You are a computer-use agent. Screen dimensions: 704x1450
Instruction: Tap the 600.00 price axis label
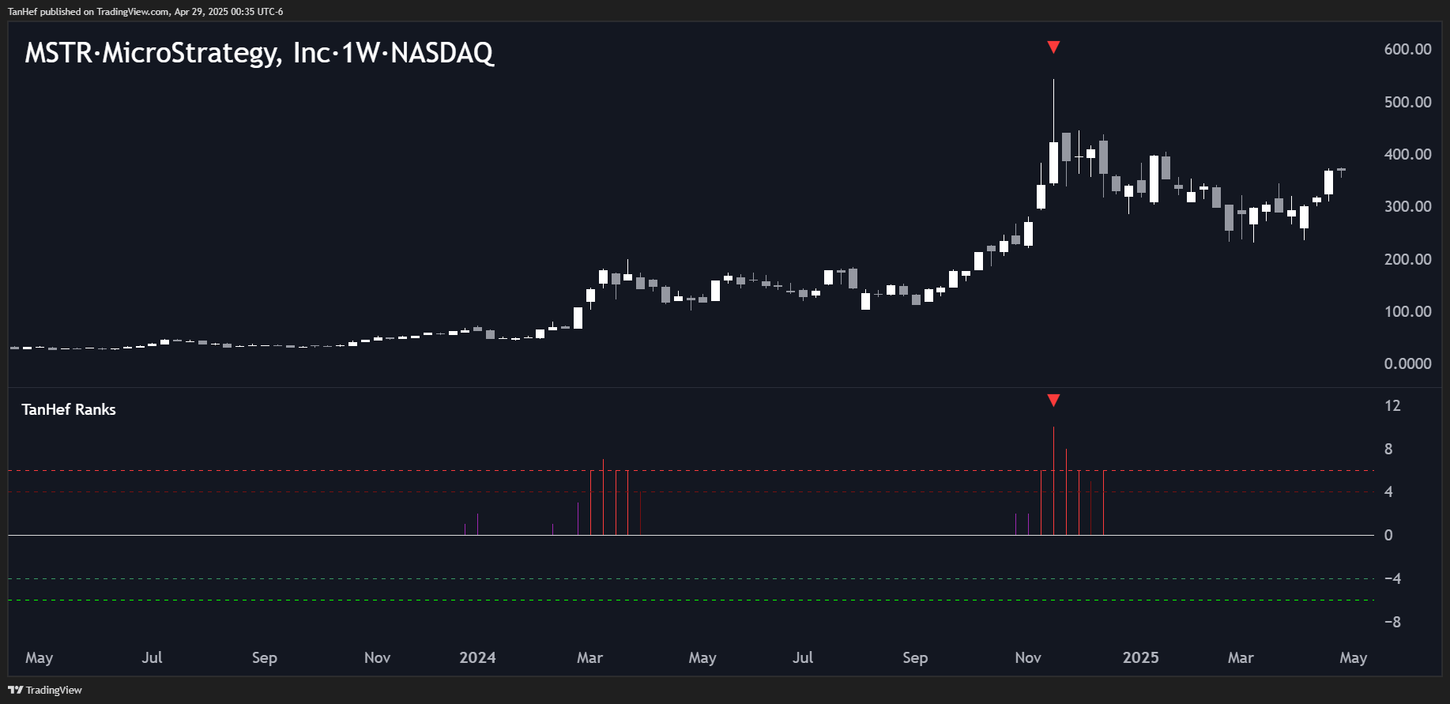coord(1407,49)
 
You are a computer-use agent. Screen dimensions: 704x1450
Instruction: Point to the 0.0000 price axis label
coord(1407,363)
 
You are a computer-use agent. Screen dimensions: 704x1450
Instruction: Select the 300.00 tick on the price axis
coord(1407,206)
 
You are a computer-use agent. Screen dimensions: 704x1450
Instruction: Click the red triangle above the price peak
coord(1053,47)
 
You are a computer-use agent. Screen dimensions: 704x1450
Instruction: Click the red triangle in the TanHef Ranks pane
coord(1053,401)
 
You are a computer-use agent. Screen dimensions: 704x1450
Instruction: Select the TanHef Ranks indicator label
coord(69,409)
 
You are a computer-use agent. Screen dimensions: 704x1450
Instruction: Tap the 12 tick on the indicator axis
coord(1392,405)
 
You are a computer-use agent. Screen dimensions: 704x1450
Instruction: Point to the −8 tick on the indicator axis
coord(1392,622)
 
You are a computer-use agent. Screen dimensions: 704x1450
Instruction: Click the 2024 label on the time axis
coord(477,657)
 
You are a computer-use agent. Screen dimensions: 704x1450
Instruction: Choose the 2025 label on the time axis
coord(1140,657)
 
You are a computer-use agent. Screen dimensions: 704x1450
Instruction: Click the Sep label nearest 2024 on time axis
coord(915,657)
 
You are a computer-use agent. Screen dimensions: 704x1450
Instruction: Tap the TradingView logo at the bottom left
coord(45,690)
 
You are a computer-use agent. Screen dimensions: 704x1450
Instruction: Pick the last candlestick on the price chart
coord(1342,170)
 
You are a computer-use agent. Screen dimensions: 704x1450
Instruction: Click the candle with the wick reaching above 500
coord(1053,162)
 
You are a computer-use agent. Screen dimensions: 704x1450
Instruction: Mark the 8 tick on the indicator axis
coord(1388,449)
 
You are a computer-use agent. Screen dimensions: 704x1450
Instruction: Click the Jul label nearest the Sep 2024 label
coord(803,657)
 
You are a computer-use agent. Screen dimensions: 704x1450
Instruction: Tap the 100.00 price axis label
coord(1407,311)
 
